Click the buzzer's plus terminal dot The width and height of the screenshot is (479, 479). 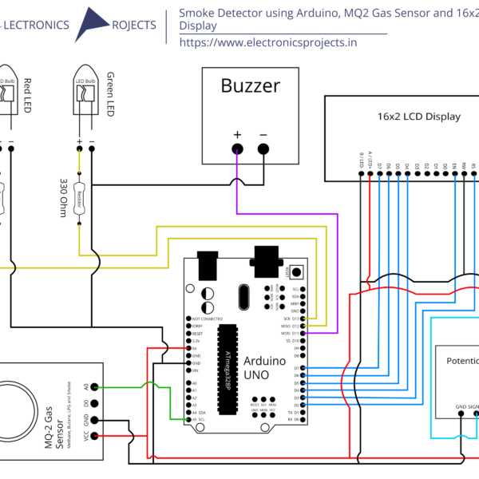pos(236,149)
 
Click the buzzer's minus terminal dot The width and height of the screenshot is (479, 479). pos(263,149)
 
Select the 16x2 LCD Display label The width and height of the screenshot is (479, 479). pos(418,117)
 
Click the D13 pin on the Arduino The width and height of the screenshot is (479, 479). pos(316,319)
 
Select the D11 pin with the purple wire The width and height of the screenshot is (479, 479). pos(316,333)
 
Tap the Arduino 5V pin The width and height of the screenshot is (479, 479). pos(188,348)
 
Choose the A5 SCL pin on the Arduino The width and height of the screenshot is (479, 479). pos(188,419)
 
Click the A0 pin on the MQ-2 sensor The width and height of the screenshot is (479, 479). pos(96,386)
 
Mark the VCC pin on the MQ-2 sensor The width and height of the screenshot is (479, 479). pos(96,435)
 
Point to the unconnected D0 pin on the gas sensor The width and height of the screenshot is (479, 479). pos(96,403)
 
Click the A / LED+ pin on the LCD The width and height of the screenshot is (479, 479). pos(370,162)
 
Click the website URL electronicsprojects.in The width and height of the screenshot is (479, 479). pos(268,42)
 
